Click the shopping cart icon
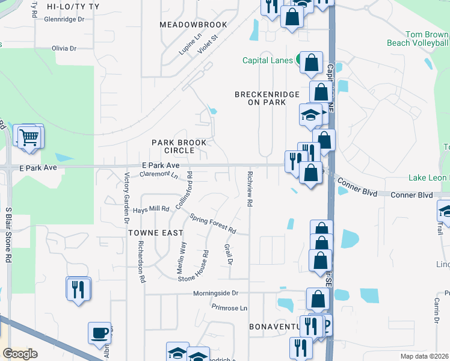[x=28, y=137]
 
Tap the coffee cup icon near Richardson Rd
[x=99, y=332]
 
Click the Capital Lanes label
[x=268, y=60]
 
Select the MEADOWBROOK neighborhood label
[x=193, y=25]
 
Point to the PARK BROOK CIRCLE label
[x=179, y=146]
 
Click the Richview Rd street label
[x=249, y=187]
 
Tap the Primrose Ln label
[x=229, y=307]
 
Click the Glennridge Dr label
[x=66, y=19]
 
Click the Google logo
[x=20, y=354]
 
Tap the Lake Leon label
[x=428, y=177]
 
